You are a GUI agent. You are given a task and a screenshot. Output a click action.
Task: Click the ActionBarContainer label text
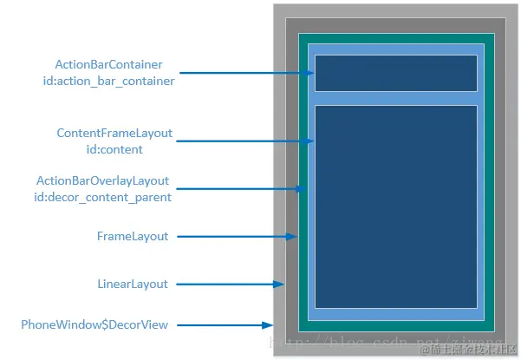(108, 65)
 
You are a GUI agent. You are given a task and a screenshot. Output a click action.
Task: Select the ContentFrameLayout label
(114, 134)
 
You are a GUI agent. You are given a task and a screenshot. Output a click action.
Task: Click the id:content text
(114, 149)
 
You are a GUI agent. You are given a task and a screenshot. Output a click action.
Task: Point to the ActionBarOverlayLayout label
(102, 181)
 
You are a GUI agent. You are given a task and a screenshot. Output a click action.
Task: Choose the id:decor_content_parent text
(102, 197)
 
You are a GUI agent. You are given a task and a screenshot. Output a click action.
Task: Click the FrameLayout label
(133, 236)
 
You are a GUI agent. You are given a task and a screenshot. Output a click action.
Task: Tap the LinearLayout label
(133, 284)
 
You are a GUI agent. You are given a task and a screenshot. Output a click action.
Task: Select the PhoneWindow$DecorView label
(94, 324)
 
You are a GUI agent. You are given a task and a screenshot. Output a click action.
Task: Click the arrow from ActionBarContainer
(247, 73)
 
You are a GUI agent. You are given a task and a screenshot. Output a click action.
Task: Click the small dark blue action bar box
(395, 73)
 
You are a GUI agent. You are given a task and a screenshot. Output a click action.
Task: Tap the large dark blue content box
(395, 206)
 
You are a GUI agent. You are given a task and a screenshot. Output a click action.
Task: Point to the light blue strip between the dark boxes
(395, 98)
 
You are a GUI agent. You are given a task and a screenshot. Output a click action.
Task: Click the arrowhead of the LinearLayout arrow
(281, 284)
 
